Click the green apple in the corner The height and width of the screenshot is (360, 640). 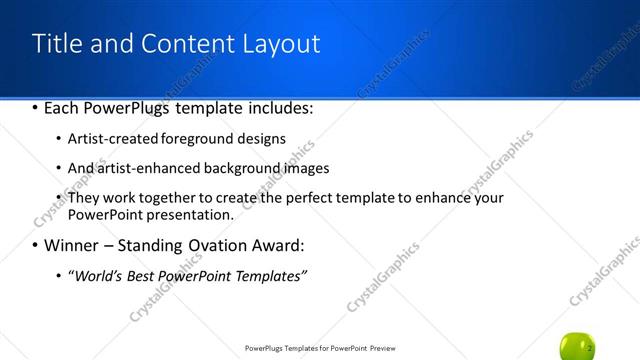(x=579, y=346)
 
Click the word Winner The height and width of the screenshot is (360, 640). (x=70, y=245)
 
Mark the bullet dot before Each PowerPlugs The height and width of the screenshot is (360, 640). (x=36, y=107)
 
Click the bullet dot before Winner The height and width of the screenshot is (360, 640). (x=36, y=245)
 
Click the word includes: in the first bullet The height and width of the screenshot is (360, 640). (x=281, y=107)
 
